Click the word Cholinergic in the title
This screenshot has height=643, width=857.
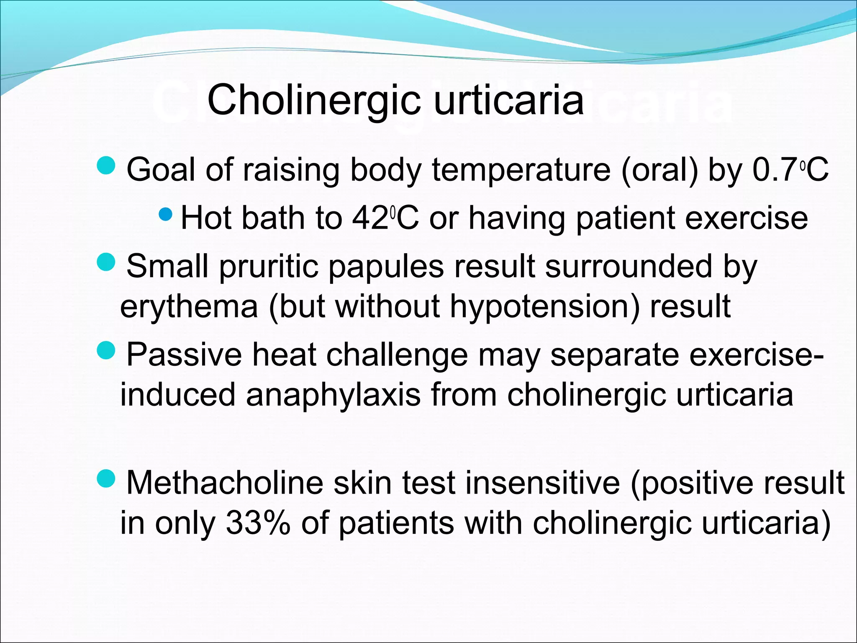click(314, 100)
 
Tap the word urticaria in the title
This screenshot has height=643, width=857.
click(508, 100)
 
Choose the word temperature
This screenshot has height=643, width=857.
click(521, 170)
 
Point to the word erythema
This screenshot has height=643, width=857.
click(189, 306)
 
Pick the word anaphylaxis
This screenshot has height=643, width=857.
click(333, 395)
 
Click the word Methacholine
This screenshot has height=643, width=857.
click(225, 483)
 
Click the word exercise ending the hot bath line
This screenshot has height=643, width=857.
click(742, 219)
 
